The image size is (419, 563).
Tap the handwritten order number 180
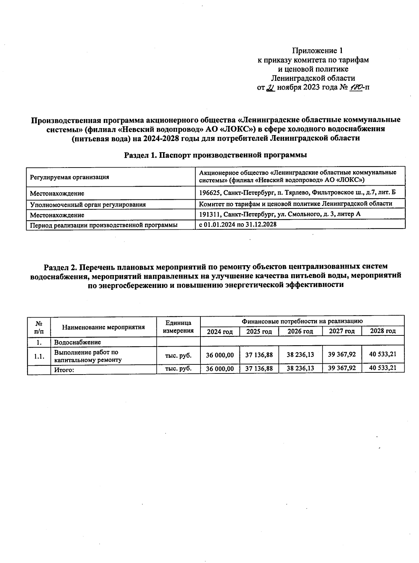(355, 87)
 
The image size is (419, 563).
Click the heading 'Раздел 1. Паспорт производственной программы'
(215, 155)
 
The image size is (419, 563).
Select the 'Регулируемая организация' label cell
(69, 177)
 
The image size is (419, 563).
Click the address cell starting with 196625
(297, 192)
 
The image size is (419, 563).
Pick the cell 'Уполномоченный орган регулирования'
(88, 205)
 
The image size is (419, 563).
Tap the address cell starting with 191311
(279, 214)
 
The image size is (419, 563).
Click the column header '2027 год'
(342, 331)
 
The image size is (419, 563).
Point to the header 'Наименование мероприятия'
(103, 327)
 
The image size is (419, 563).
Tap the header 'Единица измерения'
(178, 327)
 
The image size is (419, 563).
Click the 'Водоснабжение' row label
(78, 342)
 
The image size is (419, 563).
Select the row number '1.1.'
(39, 356)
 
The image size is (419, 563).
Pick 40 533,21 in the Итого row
(383, 368)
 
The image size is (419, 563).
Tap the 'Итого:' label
(64, 370)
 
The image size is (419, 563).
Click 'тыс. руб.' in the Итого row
(178, 368)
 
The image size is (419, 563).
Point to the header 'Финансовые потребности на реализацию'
(302, 321)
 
